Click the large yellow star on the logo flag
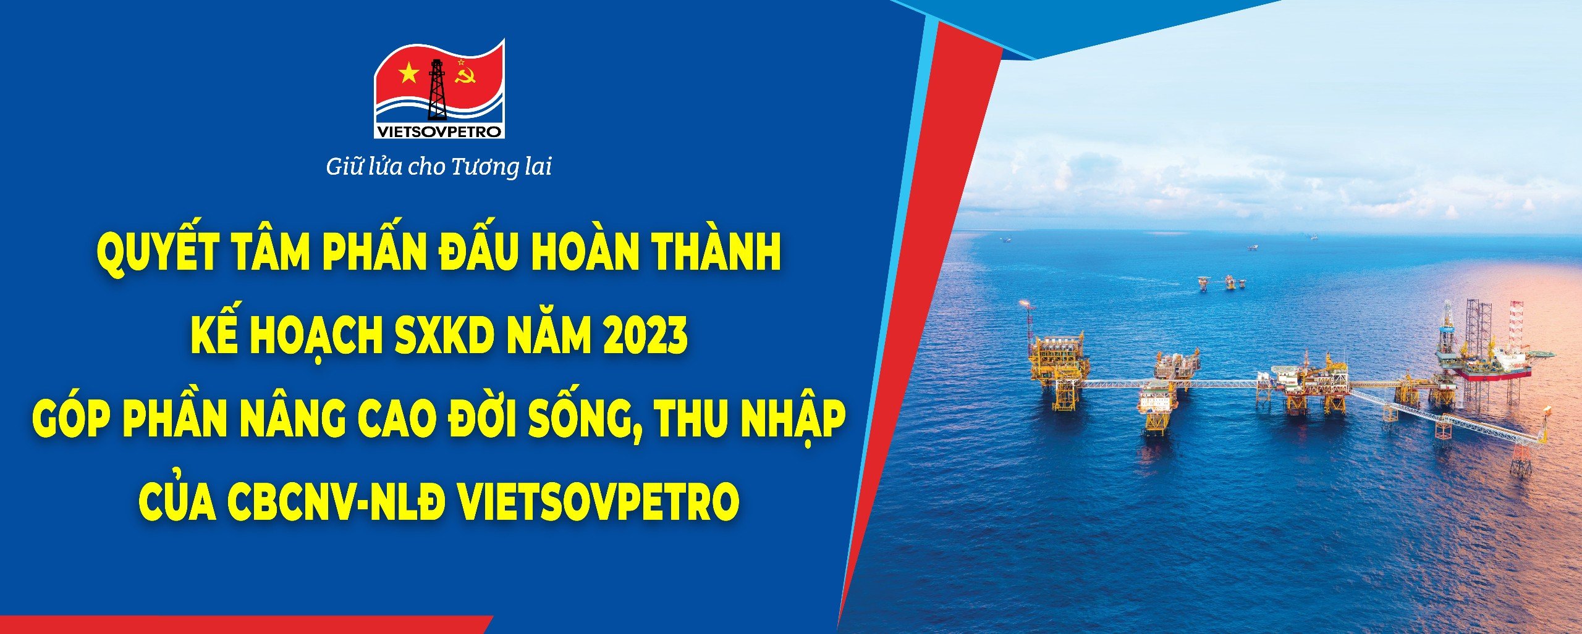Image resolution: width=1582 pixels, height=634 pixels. click(408, 75)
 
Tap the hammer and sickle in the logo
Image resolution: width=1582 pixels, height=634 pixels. click(462, 76)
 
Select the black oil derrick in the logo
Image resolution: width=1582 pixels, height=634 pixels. click(438, 90)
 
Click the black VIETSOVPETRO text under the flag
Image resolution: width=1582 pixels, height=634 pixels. click(439, 132)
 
